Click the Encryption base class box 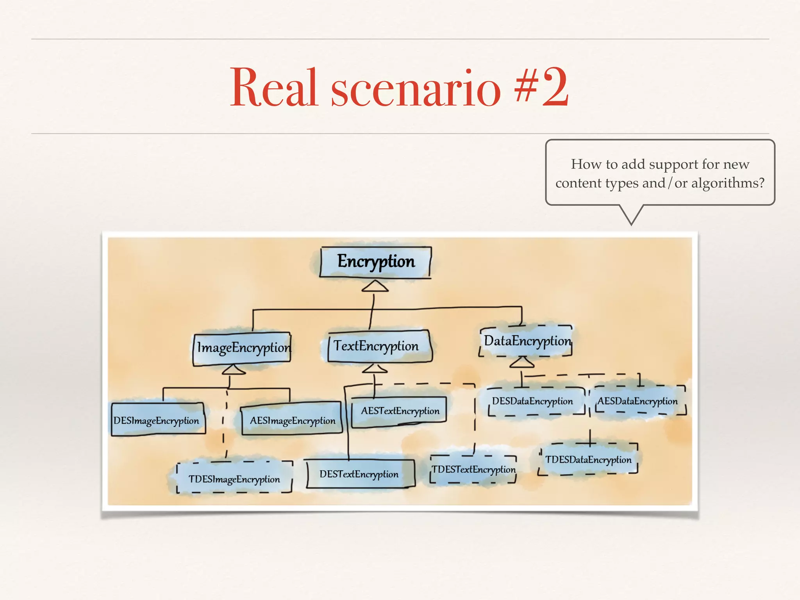[x=375, y=262]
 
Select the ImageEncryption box [x=242, y=348]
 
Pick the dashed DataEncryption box [x=526, y=341]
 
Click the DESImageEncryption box [x=157, y=420]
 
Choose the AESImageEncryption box [x=291, y=419]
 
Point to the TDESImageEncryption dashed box [x=234, y=478]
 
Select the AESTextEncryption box [x=399, y=411]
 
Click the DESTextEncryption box [x=360, y=474]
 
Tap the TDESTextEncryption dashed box [x=473, y=469]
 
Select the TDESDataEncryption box [x=588, y=459]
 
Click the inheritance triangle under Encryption [x=375, y=287]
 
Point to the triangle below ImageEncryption [x=234, y=370]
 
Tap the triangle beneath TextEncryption [x=375, y=368]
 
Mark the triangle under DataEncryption [x=522, y=362]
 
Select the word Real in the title [x=273, y=87]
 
